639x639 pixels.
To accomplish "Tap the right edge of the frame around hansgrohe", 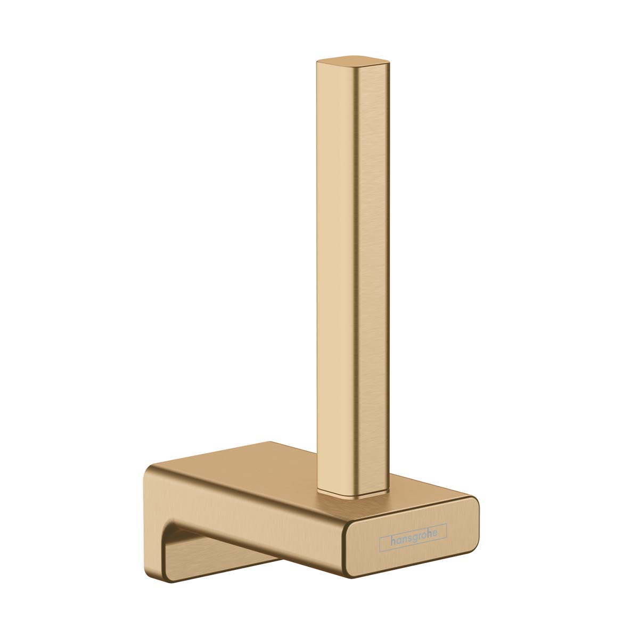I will pos(446,533).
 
